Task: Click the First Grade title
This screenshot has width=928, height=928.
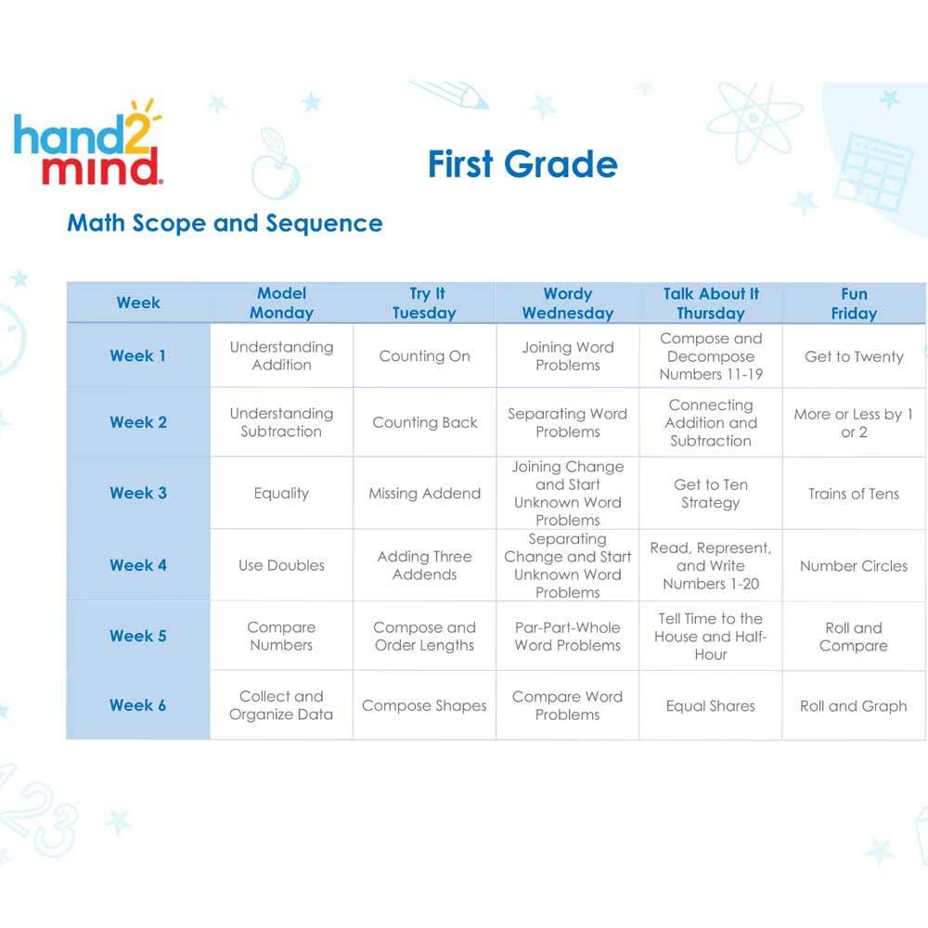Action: click(522, 164)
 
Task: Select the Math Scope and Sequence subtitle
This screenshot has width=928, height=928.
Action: click(225, 224)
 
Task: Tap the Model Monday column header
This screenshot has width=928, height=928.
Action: click(281, 303)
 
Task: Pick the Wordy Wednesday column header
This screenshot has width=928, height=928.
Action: click(567, 303)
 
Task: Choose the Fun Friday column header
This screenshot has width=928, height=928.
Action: click(854, 303)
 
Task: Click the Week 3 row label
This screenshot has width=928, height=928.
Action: click(138, 493)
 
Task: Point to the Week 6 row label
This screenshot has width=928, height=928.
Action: click(138, 705)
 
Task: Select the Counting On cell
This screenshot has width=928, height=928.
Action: click(424, 356)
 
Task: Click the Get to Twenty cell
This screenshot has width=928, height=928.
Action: click(854, 356)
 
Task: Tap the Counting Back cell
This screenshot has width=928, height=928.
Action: click(424, 422)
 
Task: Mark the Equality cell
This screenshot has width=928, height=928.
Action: click(281, 494)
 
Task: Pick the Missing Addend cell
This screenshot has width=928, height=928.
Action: click(424, 494)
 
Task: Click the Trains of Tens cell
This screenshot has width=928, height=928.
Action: click(854, 494)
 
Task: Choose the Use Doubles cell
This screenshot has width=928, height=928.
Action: click(281, 565)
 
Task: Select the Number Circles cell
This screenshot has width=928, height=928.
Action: click(854, 565)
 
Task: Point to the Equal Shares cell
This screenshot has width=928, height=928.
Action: click(710, 706)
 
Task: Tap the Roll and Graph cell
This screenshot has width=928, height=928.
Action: click(854, 706)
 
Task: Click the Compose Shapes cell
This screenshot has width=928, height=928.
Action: click(424, 706)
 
